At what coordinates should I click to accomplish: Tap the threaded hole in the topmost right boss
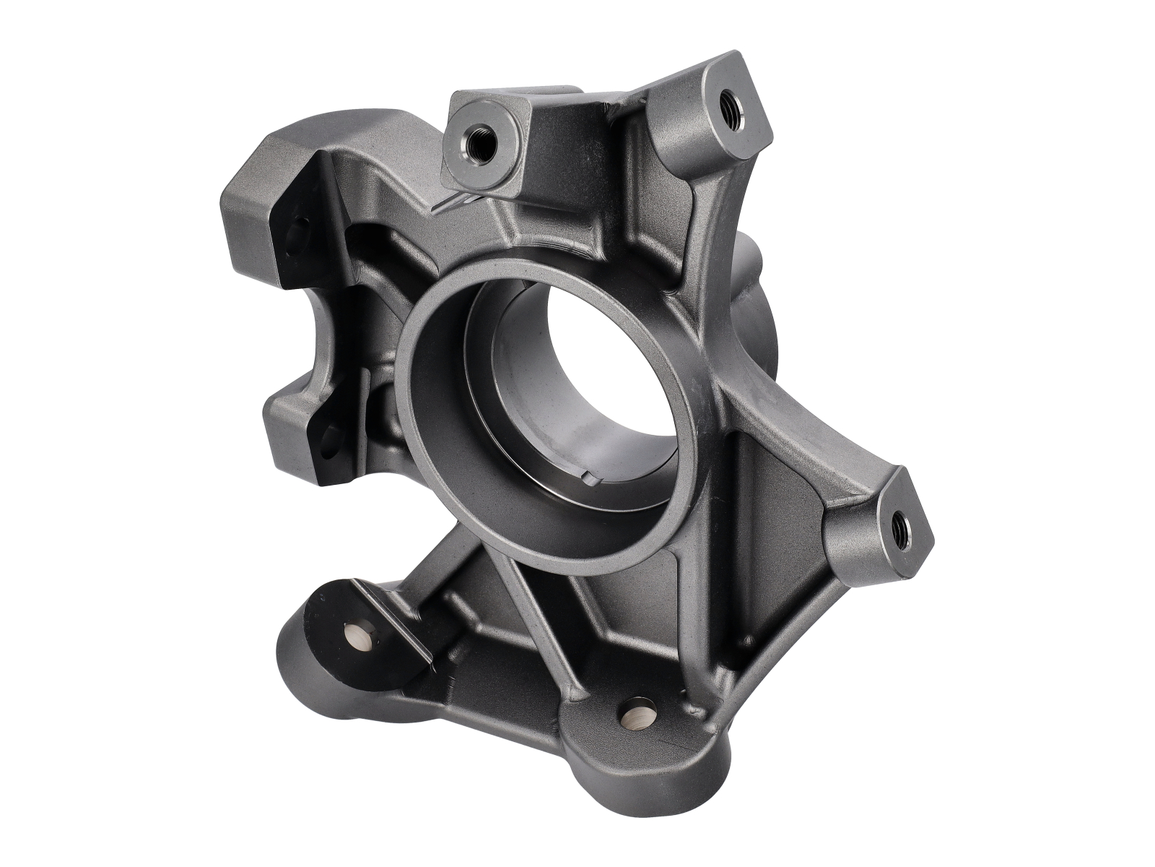[727, 103]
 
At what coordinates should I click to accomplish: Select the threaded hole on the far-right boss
[901, 530]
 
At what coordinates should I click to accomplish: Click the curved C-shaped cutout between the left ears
[303, 340]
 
